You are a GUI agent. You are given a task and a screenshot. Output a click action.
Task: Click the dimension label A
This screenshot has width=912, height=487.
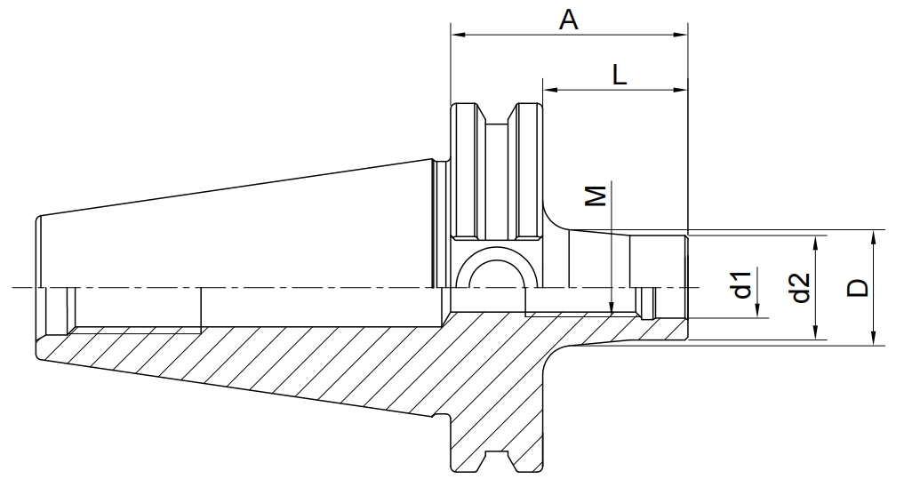568,20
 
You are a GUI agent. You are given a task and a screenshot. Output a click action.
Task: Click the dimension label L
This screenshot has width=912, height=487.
620,75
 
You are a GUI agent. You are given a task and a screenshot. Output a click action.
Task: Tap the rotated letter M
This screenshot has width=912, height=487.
595,196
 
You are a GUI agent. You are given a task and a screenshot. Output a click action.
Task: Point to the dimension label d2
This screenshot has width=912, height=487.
801,287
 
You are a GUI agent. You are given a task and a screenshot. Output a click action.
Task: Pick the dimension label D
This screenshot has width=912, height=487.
857,288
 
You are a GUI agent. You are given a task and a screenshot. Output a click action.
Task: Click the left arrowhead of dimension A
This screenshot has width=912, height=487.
459,35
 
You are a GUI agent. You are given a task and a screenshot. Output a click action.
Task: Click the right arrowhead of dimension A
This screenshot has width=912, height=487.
680,35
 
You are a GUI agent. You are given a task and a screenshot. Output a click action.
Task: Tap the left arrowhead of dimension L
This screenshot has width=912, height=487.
550,90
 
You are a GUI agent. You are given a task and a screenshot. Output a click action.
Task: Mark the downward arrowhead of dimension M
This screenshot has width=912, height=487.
612,307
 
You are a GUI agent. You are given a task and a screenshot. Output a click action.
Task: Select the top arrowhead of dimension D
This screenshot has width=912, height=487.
873,237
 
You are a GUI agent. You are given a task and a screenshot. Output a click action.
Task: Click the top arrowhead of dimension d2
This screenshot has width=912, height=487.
817,244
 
